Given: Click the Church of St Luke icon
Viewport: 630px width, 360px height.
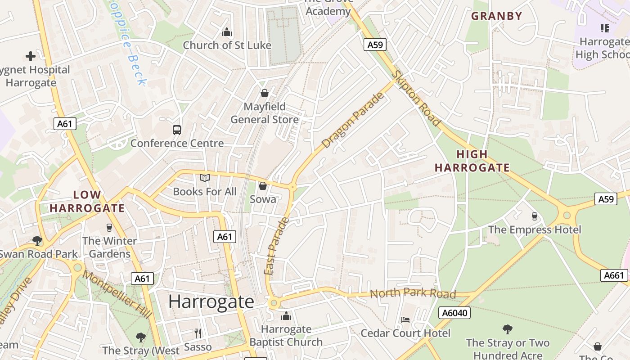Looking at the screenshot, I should coord(227,32).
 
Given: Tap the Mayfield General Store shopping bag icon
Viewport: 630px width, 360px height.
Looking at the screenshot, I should coord(265,93).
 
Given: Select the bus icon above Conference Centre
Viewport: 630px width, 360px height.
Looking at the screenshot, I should coord(177,130).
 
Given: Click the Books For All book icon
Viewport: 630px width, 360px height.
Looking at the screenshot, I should coord(205,178).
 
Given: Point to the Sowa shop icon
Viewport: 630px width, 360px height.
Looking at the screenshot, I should coord(263,186).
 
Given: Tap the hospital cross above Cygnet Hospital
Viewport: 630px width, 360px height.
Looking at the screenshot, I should coord(30,56).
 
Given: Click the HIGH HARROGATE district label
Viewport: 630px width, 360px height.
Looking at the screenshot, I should coord(472,161).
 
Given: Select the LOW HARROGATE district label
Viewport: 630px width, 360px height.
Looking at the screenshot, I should coord(87,202).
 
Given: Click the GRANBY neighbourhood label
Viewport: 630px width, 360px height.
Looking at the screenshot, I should coord(496,16).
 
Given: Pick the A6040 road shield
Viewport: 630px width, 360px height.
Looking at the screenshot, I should coord(454,313).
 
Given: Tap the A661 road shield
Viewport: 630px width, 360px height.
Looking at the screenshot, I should coord(614,275).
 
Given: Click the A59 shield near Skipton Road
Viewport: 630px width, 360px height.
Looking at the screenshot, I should coord(375,45).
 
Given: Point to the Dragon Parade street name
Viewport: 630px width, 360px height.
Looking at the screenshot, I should coord(354,120).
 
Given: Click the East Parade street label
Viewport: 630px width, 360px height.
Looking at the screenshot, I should coord(276,246).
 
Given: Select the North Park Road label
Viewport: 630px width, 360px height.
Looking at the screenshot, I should coord(413,293).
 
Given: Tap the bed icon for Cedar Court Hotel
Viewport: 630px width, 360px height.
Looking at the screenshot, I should coord(405,320).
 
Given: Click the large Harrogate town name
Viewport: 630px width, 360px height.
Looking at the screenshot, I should coord(211,301).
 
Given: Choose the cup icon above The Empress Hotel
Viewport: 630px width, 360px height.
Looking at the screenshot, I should coord(534,216).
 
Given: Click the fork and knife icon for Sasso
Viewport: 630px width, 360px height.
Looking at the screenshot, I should coord(198,333).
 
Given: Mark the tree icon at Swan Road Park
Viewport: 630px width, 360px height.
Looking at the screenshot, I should coord(37,241).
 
